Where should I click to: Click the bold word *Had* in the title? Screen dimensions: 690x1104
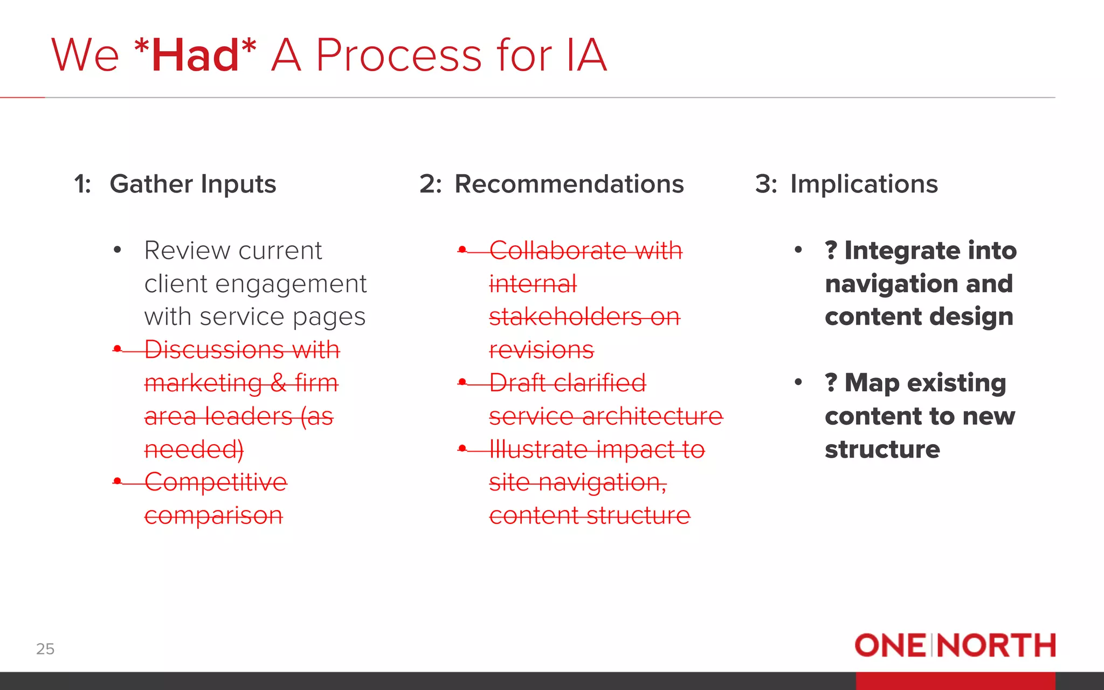click(195, 55)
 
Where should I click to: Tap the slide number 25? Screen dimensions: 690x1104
click(45, 648)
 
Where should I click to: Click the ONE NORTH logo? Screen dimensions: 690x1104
click(955, 645)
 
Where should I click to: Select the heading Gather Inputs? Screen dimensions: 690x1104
click(192, 184)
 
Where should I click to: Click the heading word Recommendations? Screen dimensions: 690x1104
click(569, 184)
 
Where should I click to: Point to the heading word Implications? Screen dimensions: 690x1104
click(864, 184)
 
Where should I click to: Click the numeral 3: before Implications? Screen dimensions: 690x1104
click(765, 184)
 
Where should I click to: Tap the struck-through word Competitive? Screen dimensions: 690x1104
click(216, 482)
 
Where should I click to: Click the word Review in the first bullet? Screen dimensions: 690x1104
click(187, 251)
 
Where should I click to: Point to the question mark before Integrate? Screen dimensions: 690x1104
click(831, 251)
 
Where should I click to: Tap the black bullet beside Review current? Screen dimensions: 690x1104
click(118, 250)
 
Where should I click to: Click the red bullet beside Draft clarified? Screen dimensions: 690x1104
click(462, 382)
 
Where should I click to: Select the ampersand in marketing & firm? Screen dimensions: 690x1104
click(278, 383)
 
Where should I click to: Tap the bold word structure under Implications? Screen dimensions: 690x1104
click(882, 450)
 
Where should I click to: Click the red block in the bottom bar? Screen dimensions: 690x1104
click(955, 681)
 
